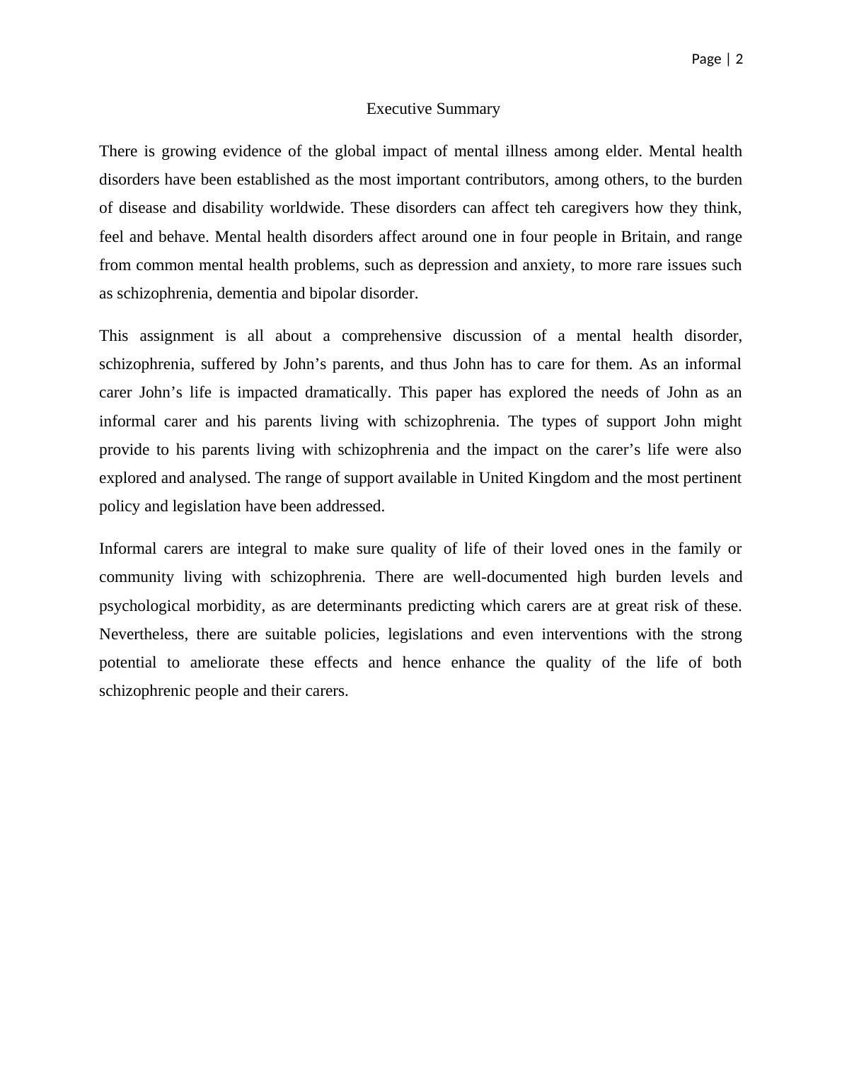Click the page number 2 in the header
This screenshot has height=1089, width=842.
(739, 59)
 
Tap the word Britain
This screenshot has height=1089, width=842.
(643, 236)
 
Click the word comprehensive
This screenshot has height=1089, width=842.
(391, 336)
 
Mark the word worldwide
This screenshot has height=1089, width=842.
(306, 208)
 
